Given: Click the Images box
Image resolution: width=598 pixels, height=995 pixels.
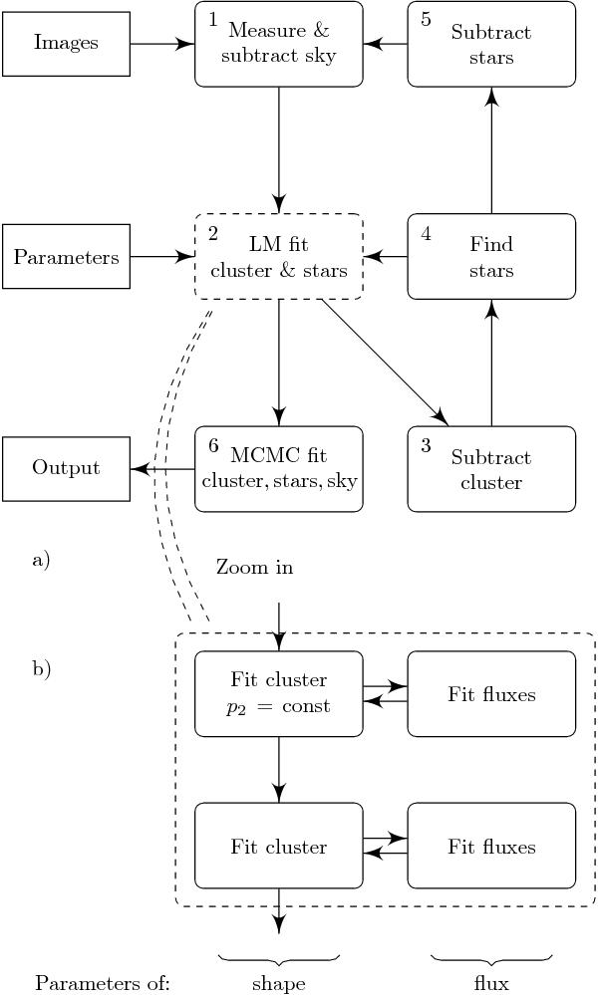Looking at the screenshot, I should click(x=66, y=44).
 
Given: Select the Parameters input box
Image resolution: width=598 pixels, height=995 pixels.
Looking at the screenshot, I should click(x=66, y=257).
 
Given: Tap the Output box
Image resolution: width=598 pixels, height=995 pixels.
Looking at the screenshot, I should click(x=66, y=468).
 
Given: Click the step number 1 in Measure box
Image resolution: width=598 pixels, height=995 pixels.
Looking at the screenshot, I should click(x=213, y=20).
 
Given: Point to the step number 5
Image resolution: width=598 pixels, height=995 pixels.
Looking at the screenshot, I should click(x=426, y=20).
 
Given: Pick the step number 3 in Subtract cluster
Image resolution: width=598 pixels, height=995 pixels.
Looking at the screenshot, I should click(x=426, y=445).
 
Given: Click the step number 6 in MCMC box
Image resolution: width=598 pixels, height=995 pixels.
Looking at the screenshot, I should click(x=213, y=445).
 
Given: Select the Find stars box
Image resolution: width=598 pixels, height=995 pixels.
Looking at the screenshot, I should click(x=491, y=257).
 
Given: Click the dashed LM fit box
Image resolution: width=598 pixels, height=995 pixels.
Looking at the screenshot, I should click(x=279, y=257).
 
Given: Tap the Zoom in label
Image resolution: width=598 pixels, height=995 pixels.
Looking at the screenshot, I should click(x=254, y=568).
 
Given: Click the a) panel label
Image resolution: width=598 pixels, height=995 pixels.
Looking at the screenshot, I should click(x=41, y=560).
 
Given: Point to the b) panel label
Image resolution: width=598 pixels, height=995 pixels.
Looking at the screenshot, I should click(x=41, y=669).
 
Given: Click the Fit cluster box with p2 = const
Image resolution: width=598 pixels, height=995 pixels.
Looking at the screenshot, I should click(x=279, y=694).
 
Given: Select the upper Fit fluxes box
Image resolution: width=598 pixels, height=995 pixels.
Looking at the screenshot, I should click(x=491, y=694).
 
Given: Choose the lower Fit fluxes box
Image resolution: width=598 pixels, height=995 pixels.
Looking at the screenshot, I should click(x=491, y=847).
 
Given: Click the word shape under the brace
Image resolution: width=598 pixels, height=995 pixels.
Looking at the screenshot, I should click(x=279, y=984).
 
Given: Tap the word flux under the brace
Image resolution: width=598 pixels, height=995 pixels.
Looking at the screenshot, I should click(x=491, y=984).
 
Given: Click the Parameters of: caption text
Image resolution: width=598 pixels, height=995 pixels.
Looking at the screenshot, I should click(x=103, y=984).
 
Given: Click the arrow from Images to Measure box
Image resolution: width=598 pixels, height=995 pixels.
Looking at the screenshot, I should click(x=161, y=44).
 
